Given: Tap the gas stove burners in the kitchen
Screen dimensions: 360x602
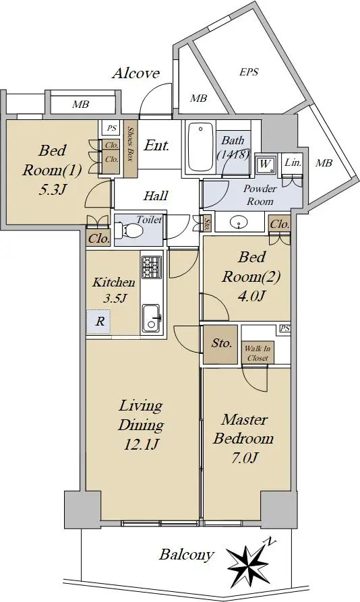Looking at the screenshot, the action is (151, 266).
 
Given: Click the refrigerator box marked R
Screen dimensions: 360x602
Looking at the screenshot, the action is (98, 321).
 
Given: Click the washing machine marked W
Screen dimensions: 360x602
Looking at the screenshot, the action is (265, 164).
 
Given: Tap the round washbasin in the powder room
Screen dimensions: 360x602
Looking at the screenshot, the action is (239, 222).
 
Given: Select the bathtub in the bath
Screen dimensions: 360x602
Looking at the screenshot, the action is (200, 147).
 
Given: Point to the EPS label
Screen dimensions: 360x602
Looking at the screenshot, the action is (249, 71).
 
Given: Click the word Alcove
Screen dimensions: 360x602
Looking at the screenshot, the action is (136, 73).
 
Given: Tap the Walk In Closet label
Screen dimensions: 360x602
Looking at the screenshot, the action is (258, 353).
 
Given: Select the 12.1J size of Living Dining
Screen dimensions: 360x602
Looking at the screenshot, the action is (141, 444).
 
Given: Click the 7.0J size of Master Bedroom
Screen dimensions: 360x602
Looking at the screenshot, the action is (244, 458).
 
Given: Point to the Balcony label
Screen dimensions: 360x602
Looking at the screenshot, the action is (187, 554).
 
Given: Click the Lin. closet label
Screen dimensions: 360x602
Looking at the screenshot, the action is (293, 162).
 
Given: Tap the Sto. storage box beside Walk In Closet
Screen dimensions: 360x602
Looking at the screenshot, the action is (220, 344).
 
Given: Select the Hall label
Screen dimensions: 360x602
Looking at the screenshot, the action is (156, 195).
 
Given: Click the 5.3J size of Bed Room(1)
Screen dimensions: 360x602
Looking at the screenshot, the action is (51, 189).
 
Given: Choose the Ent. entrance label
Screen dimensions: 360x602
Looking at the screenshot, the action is (156, 145).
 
